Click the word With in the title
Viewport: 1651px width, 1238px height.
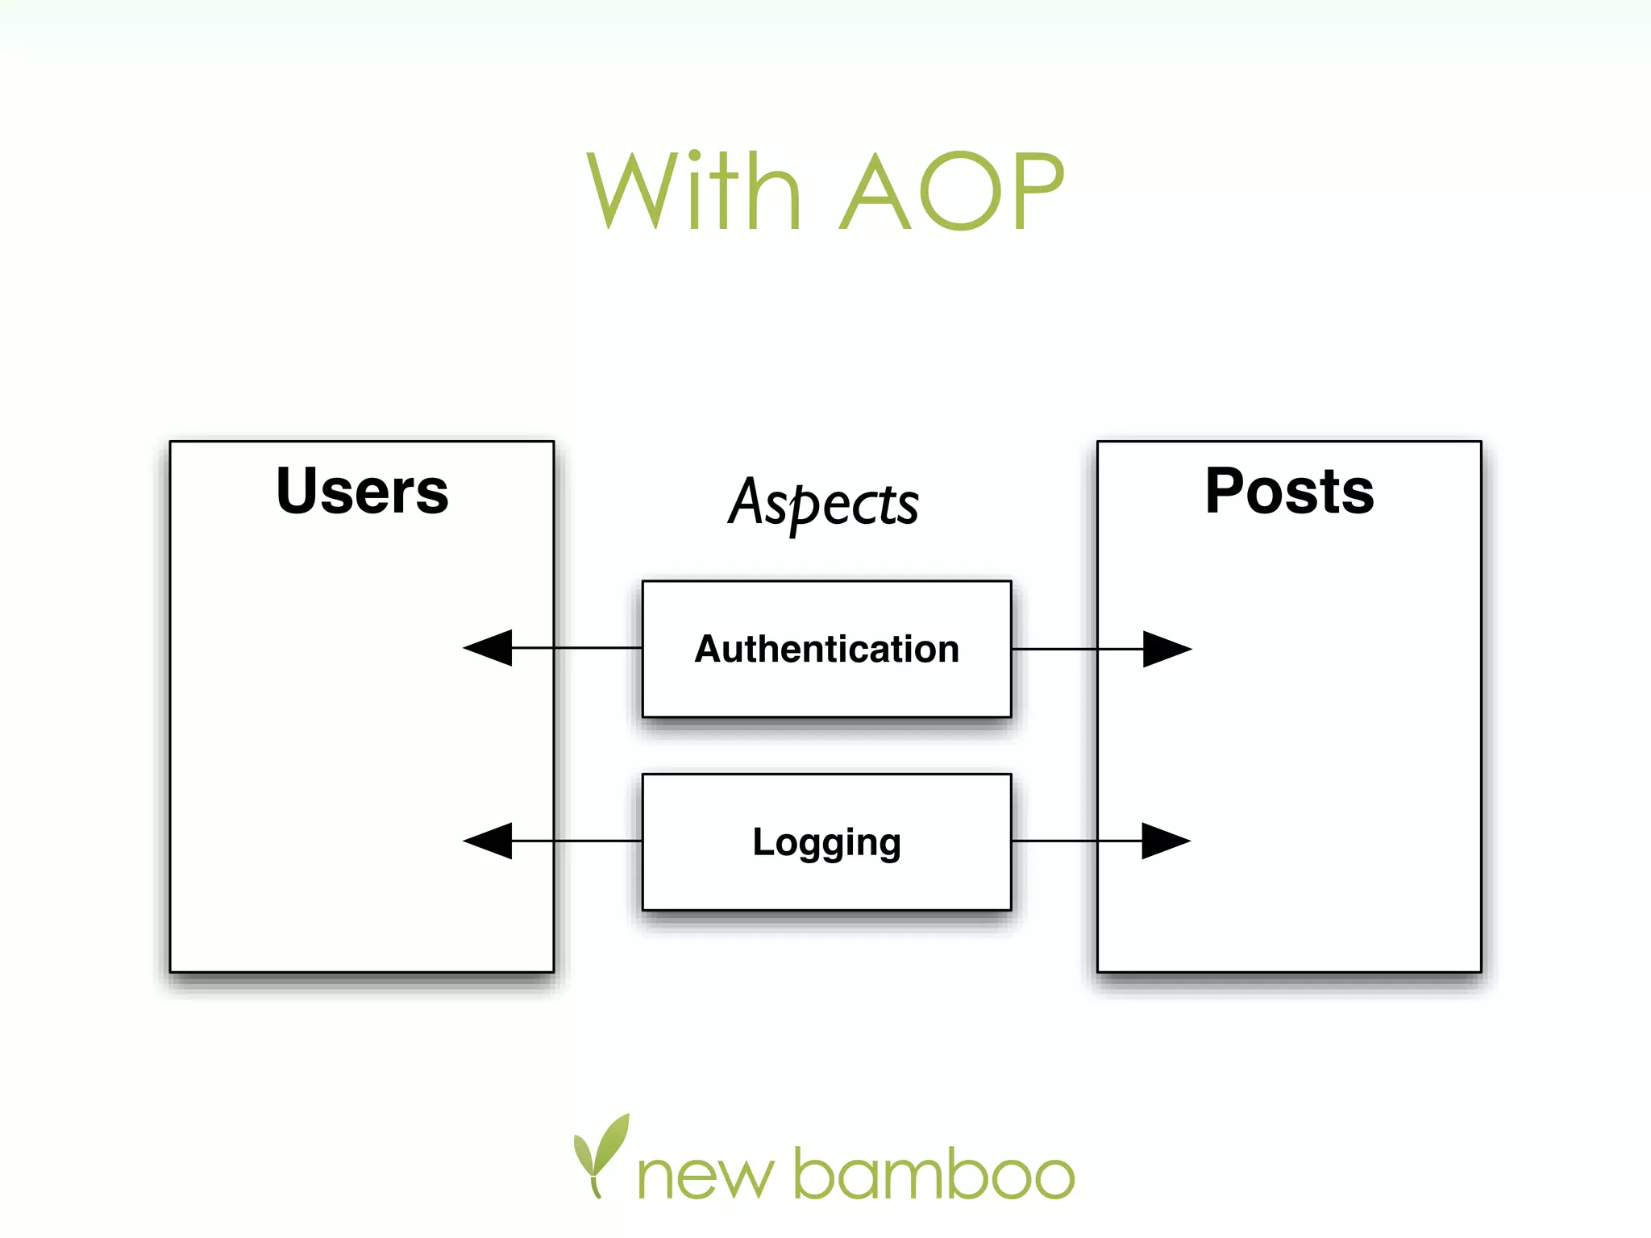click(x=693, y=191)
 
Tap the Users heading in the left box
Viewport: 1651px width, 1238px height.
click(x=362, y=491)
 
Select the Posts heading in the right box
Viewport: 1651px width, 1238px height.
click(x=1289, y=491)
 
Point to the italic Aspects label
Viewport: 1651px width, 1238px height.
click(x=823, y=503)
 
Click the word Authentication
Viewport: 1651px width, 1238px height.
click(x=827, y=649)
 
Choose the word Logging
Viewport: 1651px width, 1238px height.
click(x=827, y=843)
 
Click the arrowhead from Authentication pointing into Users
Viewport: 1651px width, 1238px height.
click(x=490, y=648)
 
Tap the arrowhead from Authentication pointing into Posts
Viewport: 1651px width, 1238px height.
click(x=1165, y=649)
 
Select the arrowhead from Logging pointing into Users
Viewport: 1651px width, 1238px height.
click(x=490, y=841)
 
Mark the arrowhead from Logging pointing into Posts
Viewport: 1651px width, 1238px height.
click(x=1164, y=841)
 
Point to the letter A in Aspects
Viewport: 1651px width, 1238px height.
click(x=746, y=501)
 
